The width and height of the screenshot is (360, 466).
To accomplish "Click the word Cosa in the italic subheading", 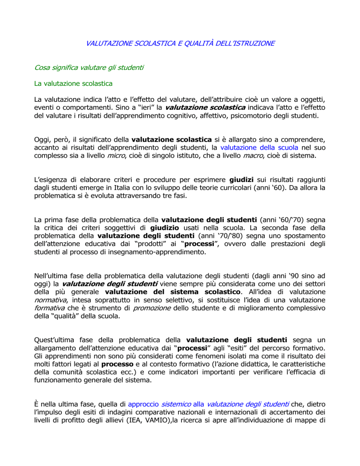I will pos(44,68).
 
